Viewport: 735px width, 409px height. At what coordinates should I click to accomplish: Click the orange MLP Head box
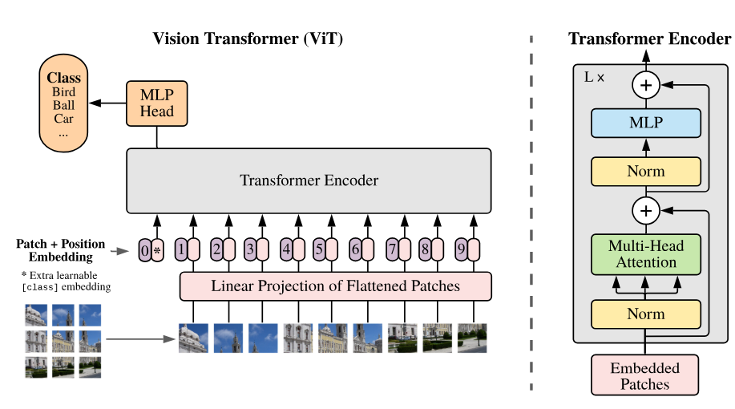pyautogui.click(x=156, y=103)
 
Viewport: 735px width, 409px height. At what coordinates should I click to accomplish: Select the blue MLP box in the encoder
pyautogui.click(x=646, y=124)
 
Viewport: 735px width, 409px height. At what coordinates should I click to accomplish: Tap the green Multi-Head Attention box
pyautogui.click(x=646, y=254)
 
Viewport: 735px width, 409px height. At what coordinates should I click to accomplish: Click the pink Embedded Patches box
pyautogui.click(x=645, y=376)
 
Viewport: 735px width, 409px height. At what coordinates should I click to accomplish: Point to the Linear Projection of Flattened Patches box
pyautogui.click(x=335, y=285)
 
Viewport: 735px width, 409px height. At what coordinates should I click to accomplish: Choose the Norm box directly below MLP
pyautogui.click(x=646, y=172)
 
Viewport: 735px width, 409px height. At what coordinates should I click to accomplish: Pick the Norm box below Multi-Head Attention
pyautogui.click(x=646, y=314)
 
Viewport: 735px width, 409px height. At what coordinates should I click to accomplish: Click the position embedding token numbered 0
pyautogui.click(x=144, y=251)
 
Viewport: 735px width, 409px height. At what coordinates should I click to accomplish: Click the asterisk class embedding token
pyautogui.click(x=157, y=251)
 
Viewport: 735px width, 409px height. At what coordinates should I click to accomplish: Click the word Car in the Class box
pyautogui.click(x=64, y=119)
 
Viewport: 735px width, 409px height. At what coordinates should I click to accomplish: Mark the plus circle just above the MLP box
pyautogui.click(x=645, y=83)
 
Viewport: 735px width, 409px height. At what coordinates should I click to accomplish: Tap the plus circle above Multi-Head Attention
pyautogui.click(x=645, y=211)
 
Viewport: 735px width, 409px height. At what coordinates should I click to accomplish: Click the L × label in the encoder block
pyautogui.click(x=595, y=78)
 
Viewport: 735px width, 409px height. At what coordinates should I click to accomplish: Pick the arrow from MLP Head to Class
pyautogui.click(x=107, y=103)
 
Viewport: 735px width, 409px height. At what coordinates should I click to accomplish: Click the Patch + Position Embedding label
pyautogui.click(x=61, y=249)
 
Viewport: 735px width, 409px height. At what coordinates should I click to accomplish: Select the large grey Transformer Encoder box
pyautogui.click(x=309, y=180)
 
